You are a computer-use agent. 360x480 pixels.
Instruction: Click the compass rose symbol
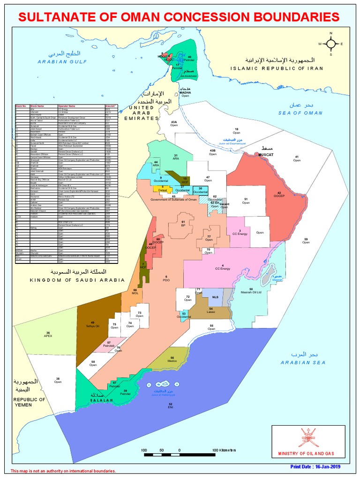tap(330, 44)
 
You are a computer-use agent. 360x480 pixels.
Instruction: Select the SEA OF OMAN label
tap(300, 113)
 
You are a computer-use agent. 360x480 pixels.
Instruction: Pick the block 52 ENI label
tap(171, 406)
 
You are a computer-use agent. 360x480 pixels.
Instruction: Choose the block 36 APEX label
tap(48, 334)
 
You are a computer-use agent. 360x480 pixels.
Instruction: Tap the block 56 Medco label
tap(172, 360)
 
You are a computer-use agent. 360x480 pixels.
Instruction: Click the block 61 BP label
tap(184, 223)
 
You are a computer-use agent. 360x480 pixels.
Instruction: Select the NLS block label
tap(215, 297)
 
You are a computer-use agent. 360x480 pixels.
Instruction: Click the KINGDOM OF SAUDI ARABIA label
tap(77, 280)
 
